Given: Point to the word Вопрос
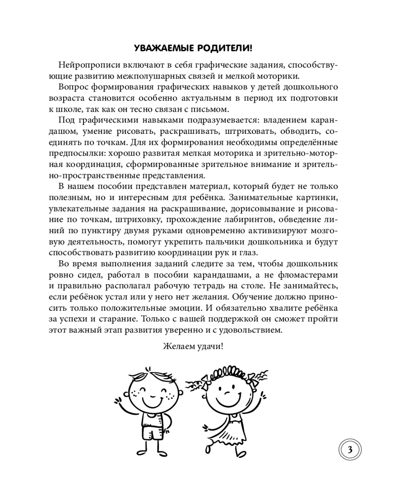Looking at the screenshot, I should [72, 87].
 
